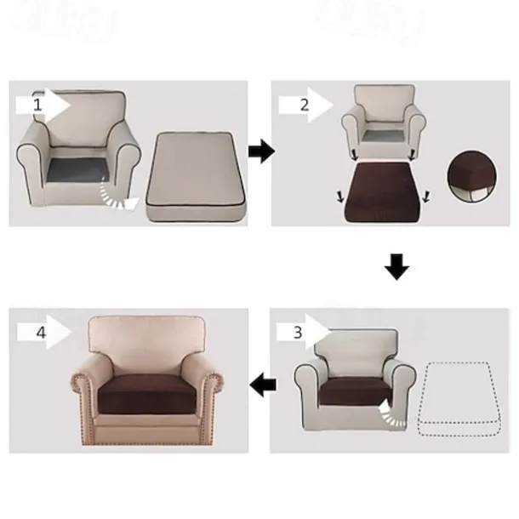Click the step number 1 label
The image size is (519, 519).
[x=37, y=105]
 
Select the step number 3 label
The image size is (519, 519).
[x=297, y=332]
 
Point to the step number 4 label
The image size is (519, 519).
[x=40, y=333]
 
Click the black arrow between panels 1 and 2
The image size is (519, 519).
[x=261, y=152]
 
